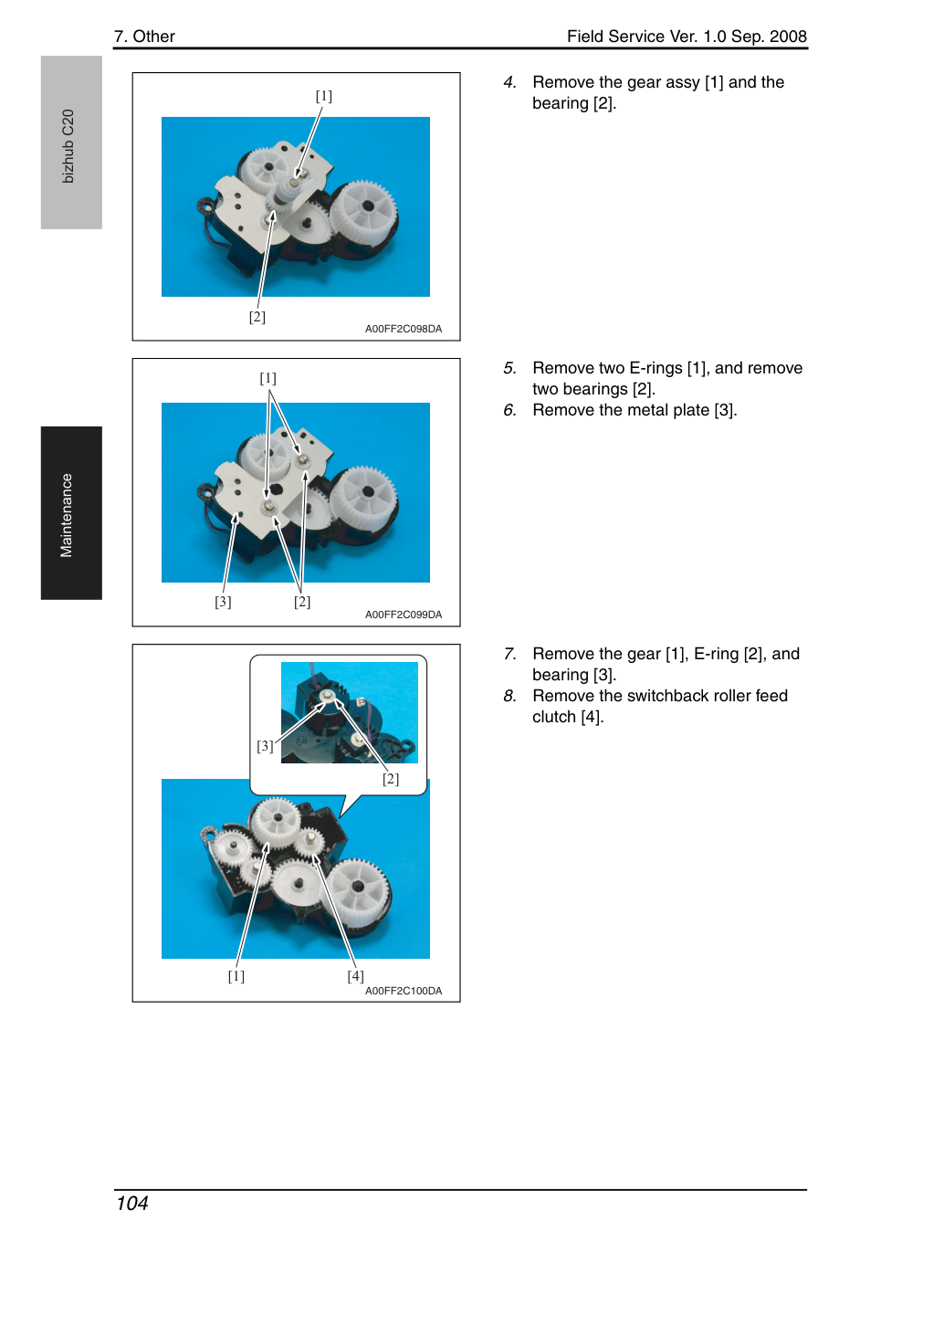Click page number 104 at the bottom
click(x=131, y=1204)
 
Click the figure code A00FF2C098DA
click(x=404, y=329)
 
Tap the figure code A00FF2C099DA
click(x=404, y=615)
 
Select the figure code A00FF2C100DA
click(x=404, y=991)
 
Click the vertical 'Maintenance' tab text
click(x=66, y=516)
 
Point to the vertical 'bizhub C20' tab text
click(x=68, y=146)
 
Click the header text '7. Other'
click(x=144, y=37)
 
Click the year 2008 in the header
click(x=788, y=37)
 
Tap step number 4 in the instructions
click(x=509, y=82)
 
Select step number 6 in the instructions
click(x=509, y=410)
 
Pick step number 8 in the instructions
click(x=509, y=696)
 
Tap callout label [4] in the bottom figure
click(x=355, y=975)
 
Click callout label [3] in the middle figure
click(x=223, y=602)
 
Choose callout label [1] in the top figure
click(x=323, y=96)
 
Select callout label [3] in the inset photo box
click(x=265, y=746)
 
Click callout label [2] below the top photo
click(x=257, y=317)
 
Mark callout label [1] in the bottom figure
click(x=236, y=975)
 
